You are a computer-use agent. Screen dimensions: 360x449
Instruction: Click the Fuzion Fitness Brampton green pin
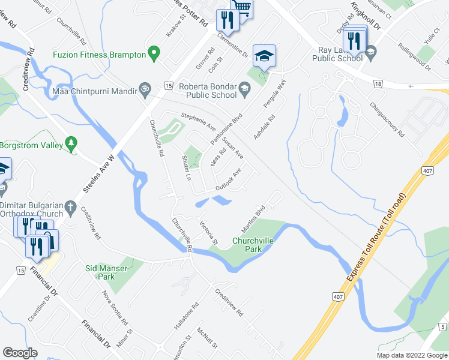[154, 54]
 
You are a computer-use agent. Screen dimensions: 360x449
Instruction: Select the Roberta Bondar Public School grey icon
[244, 90]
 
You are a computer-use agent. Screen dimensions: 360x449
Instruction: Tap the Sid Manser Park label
[106, 272]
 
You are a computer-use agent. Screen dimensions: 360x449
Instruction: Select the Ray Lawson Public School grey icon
[370, 53]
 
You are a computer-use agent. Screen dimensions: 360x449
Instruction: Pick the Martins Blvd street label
[253, 220]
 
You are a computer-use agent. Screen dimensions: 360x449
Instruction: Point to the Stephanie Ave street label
[198, 123]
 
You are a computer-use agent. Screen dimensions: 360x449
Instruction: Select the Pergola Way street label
[276, 94]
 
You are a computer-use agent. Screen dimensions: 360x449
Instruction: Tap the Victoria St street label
[208, 233]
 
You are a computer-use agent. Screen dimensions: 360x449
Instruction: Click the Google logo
[20, 353]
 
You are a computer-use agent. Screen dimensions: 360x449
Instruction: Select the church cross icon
[70, 208]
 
